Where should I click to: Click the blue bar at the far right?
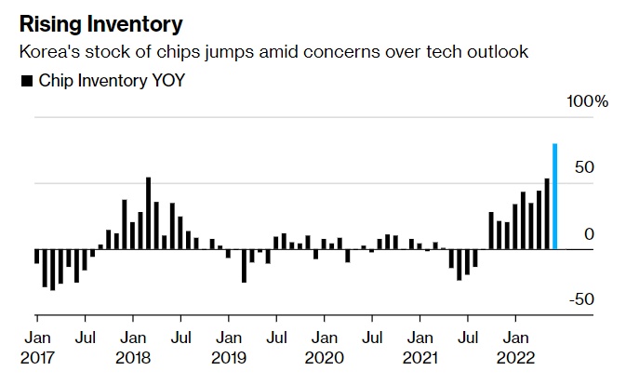click(555, 197)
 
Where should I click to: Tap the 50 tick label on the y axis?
click(583, 167)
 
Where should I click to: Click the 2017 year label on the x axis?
click(38, 358)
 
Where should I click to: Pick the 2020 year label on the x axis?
click(326, 358)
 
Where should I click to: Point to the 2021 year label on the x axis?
click(421, 358)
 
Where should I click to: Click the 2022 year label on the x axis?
click(517, 358)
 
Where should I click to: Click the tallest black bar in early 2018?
click(149, 213)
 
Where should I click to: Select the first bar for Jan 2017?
click(37, 257)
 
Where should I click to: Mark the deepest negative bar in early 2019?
click(245, 266)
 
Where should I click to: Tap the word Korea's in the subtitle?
click(47, 52)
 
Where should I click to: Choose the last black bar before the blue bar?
click(547, 214)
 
